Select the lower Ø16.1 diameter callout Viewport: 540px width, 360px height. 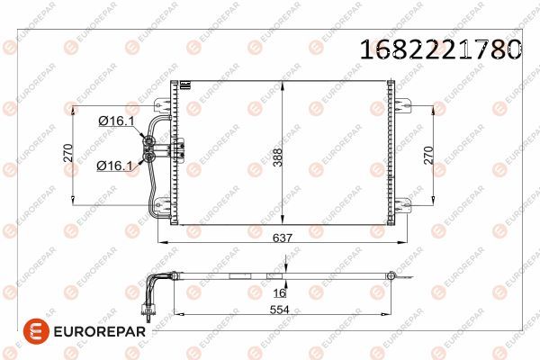tap(114, 165)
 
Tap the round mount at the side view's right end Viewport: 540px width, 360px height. tap(391, 275)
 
